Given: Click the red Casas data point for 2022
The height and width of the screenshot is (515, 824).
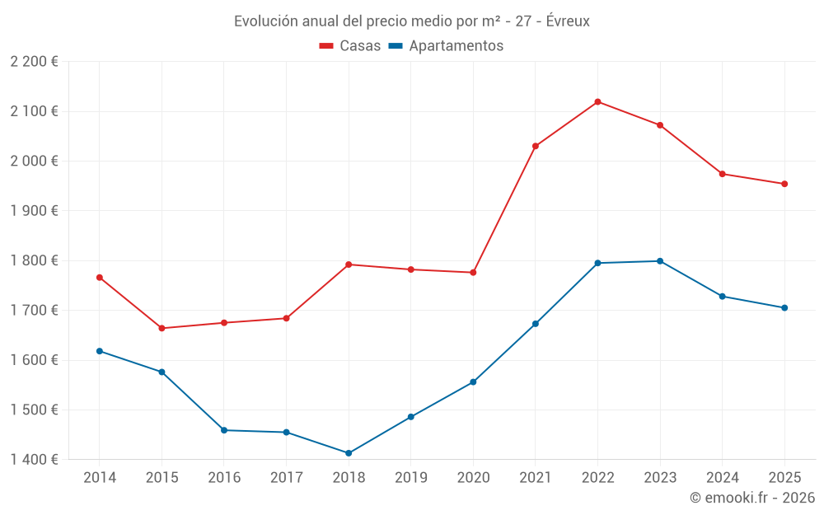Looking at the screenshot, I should (x=597, y=102).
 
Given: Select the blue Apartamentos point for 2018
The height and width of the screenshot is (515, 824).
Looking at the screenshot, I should (x=349, y=453).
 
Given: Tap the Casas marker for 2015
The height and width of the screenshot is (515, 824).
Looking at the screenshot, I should (x=162, y=329).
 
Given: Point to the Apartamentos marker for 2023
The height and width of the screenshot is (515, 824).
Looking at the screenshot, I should (x=660, y=261).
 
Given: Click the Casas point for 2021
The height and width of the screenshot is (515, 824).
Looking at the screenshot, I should (x=536, y=146).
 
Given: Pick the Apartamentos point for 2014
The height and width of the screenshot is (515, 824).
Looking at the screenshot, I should (x=100, y=351).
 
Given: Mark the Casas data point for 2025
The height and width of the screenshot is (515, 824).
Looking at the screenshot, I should (x=784, y=184).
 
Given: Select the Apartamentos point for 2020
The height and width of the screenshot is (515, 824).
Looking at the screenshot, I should (x=473, y=382).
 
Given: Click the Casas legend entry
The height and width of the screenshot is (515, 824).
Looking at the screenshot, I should (x=350, y=46).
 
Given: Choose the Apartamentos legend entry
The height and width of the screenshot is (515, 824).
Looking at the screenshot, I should (x=446, y=46).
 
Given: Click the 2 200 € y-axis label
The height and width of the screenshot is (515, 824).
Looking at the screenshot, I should (x=34, y=62).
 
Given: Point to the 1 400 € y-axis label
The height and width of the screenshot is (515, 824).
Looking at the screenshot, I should (x=34, y=460).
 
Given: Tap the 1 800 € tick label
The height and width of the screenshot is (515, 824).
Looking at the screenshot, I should (x=34, y=260).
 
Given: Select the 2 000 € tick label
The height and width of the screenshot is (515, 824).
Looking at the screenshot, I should (x=34, y=162).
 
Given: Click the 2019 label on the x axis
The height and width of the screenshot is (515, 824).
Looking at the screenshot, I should (x=410, y=477).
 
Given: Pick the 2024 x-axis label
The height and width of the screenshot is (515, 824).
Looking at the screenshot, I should (x=722, y=477).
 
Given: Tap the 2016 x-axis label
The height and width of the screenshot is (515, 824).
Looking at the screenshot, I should (x=224, y=477).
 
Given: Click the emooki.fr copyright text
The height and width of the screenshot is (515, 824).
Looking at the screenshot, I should (x=751, y=498).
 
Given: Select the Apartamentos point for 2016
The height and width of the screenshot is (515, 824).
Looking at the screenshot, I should (x=224, y=430).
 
